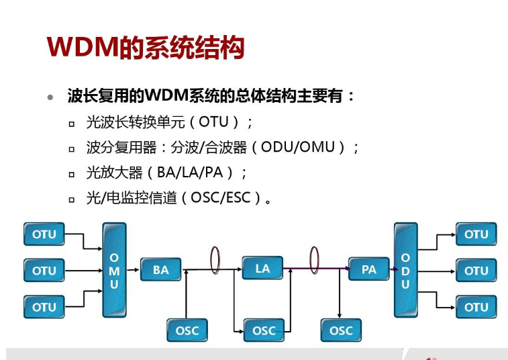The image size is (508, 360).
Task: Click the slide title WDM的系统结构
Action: (x=145, y=48)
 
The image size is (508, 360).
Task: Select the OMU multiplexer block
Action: (x=114, y=270)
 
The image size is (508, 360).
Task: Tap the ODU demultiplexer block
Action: (x=405, y=270)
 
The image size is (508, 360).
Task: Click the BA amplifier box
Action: (x=161, y=270)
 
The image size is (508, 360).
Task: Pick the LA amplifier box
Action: (x=262, y=269)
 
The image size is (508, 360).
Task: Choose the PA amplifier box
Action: (x=369, y=269)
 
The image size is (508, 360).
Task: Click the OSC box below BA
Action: (x=187, y=330)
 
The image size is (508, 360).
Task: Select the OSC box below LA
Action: (x=264, y=330)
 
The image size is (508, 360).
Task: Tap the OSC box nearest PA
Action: (x=341, y=330)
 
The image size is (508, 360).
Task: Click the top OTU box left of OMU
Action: (x=44, y=234)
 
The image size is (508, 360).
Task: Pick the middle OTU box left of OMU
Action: (x=44, y=271)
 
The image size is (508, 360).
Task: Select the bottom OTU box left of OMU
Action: (x=44, y=307)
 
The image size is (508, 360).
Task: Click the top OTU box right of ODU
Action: (x=476, y=234)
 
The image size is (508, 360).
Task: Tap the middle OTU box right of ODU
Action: (x=476, y=271)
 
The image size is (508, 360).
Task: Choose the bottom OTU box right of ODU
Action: (x=476, y=307)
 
